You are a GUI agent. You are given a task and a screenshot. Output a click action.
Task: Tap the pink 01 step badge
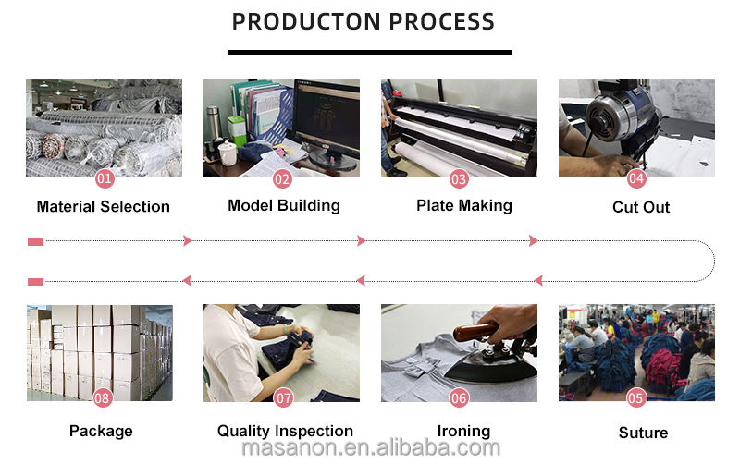tap(105, 177)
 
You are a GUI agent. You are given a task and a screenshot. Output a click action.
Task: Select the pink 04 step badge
tap(636, 177)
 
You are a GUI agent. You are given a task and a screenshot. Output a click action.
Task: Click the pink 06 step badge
tap(459, 399)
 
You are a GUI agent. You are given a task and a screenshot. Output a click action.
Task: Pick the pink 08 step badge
tap(103, 399)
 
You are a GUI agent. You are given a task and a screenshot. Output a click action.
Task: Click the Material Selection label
tap(104, 206)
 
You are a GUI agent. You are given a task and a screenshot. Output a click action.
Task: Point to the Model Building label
tap(284, 205)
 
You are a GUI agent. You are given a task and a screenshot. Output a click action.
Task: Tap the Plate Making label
tap(464, 205)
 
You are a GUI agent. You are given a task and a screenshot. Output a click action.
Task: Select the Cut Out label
tap(641, 206)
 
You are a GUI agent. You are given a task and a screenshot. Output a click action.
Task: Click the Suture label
tap(643, 432)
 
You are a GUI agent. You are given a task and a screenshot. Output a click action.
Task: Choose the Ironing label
tap(463, 431)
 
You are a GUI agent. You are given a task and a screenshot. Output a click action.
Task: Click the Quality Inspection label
tap(285, 431)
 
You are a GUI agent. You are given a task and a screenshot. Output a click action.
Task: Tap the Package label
tap(101, 431)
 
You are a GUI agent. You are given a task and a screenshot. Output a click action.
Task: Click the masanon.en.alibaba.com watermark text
tap(370, 449)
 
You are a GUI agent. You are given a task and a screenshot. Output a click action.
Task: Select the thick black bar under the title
tap(370, 51)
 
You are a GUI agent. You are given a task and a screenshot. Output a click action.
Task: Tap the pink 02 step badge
tap(282, 177)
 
